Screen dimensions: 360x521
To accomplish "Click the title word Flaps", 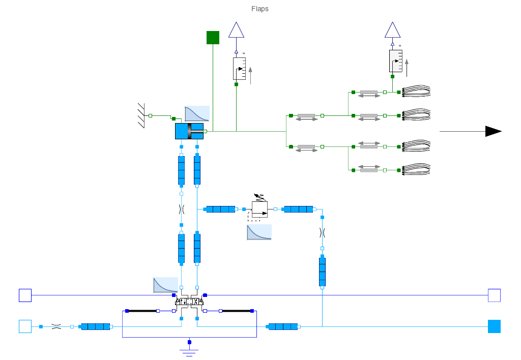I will pos(259,9).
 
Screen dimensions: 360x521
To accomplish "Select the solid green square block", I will pos(213,38).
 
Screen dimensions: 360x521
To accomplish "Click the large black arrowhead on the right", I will pos(493,131).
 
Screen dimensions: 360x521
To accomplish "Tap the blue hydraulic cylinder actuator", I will pos(190,131).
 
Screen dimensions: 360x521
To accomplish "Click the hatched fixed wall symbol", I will pos(141,115).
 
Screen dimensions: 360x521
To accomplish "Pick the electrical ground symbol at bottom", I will pos(189,350).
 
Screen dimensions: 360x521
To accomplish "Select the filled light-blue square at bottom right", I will pos(494,326).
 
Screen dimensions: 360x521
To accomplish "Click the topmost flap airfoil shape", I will pos(417,92).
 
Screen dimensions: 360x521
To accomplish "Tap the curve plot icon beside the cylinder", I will pos(197,113).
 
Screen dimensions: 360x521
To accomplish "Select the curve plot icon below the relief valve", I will pos(259,232).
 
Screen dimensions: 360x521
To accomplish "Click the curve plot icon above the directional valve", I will pos(165,285).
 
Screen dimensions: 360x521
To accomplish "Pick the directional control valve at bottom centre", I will pos(189,302).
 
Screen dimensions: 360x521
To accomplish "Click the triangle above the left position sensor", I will pos(237,30).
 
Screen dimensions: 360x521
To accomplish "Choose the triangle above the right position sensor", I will pos(392,30).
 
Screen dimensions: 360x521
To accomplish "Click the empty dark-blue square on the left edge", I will pos(25,295).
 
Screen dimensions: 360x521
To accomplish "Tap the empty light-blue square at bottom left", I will pos(25,326).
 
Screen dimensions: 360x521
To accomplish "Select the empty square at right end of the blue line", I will pos(494,295).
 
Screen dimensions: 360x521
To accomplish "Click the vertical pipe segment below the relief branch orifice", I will pos(322,272).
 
